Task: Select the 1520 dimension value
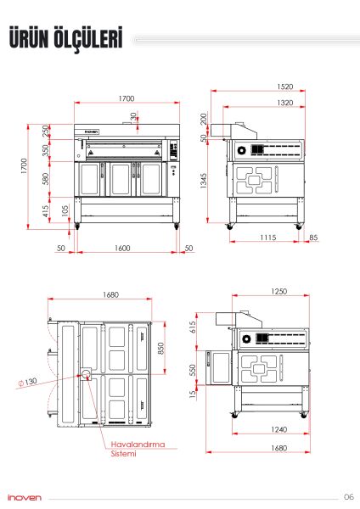pos(261,87)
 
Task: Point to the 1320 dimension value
pos(261,103)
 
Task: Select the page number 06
pos(348,496)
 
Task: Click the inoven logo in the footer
pos(22,497)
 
